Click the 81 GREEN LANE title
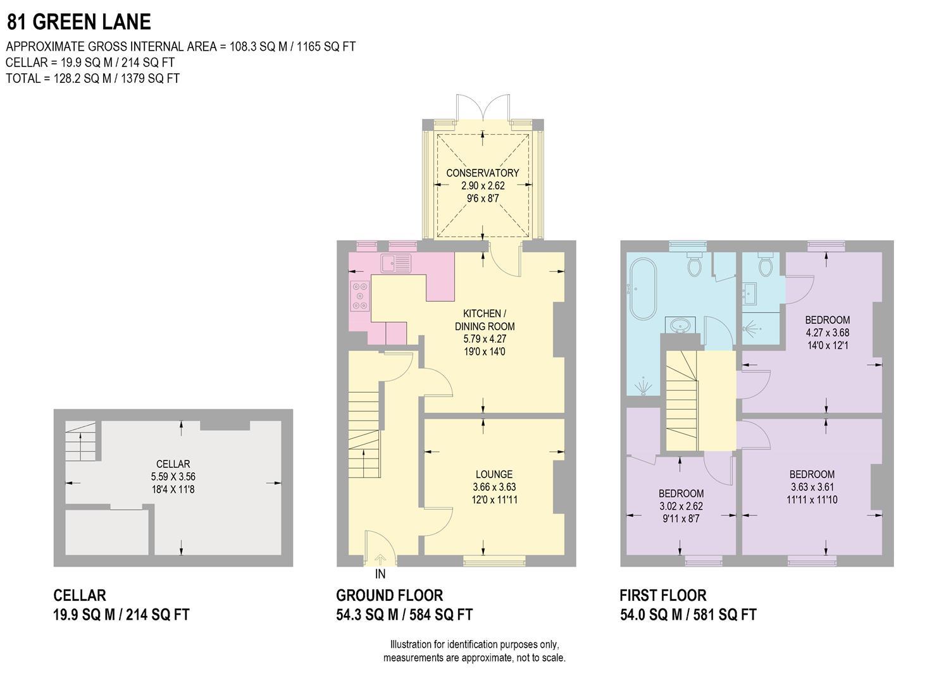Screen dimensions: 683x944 (79, 22)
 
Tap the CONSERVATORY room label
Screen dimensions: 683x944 (482, 173)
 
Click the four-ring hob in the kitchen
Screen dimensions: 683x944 (360, 295)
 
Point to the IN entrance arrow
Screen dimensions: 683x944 (380, 560)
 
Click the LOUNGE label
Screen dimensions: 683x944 (494, 474)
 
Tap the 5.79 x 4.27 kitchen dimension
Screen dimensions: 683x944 (485, 339)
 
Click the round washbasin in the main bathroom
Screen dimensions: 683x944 (681, 325)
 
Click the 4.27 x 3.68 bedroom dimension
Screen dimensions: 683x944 (827, 333)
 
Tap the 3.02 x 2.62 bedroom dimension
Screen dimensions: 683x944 (681, 506)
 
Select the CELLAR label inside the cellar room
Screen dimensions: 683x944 (173, 464)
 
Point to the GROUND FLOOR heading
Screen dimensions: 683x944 (389, 595)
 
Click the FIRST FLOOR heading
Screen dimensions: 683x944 (662, 595)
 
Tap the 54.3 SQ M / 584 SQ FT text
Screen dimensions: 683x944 (404, 614)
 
